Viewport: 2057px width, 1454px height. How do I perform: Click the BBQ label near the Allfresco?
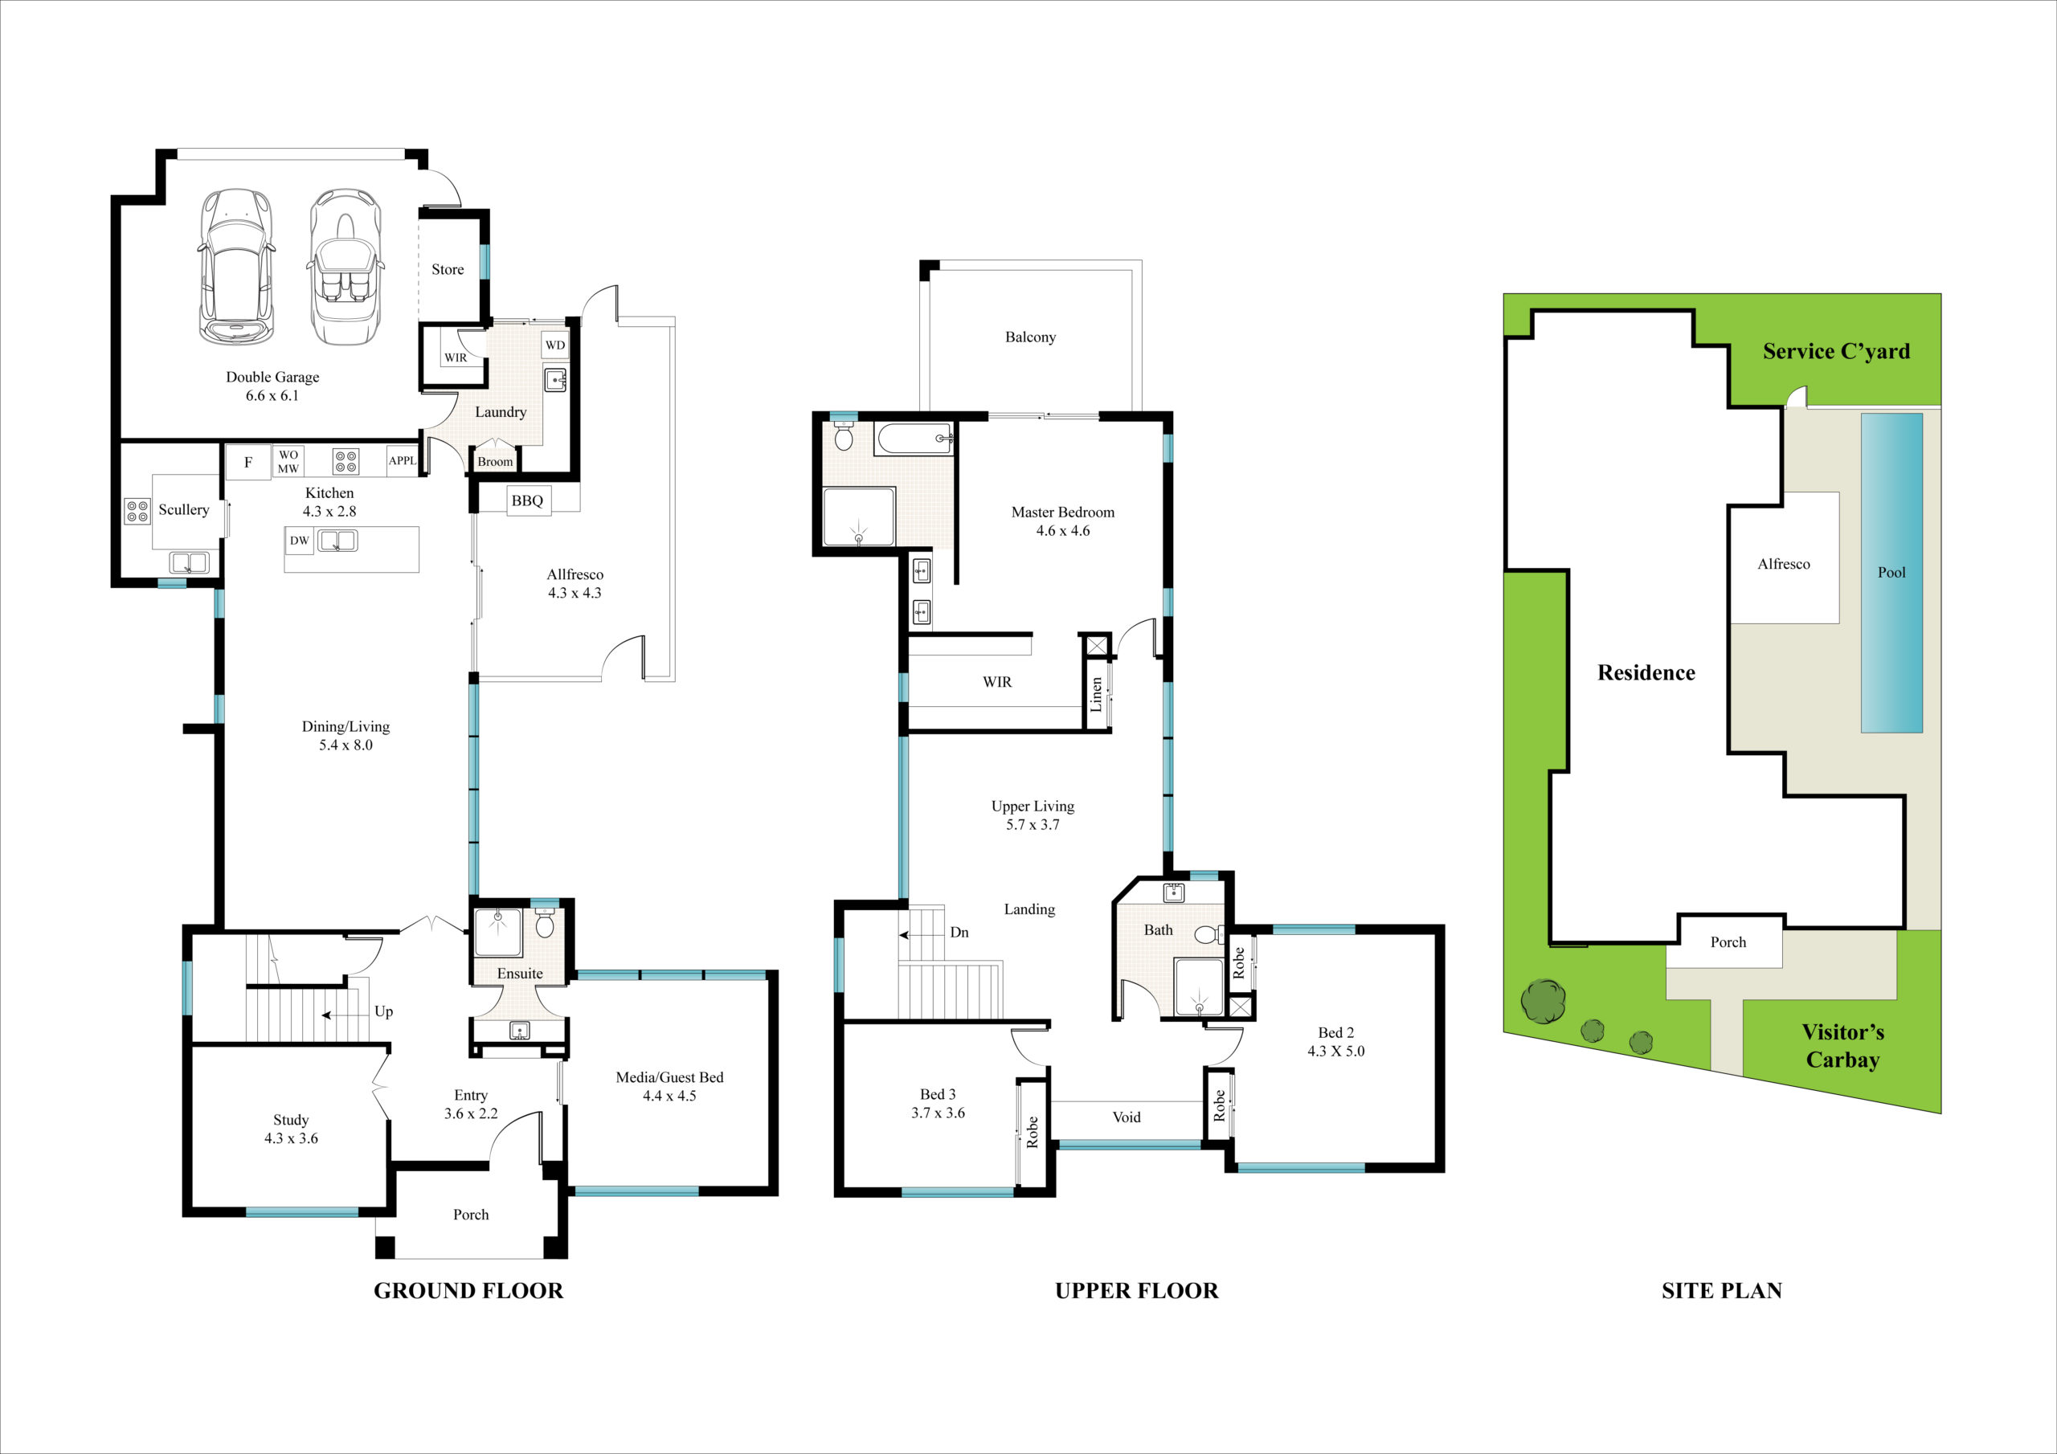[x=527, y=500]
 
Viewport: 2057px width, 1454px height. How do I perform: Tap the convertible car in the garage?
[x=345, y=266]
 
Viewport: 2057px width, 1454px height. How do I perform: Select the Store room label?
[x=448, y=270]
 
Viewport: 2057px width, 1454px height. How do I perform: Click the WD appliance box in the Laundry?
[x=555, y=345]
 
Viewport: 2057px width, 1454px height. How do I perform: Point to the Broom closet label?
[x=496, y=462]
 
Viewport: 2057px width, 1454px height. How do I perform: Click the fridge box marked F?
[x=248, y=462]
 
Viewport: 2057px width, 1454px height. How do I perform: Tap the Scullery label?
[x=184, y=510]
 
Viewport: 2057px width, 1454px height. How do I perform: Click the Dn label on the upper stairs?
[x=959, y=933]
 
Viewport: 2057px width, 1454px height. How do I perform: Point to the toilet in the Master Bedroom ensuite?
[x=843, y=436]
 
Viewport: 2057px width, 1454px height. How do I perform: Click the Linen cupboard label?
[x=1096, y=694]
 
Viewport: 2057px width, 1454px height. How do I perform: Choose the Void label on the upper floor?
[x=1127, y=1117]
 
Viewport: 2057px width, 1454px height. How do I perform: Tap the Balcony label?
[x=1030, y=337]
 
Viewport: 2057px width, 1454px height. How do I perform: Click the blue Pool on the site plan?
[x=1891, y=573]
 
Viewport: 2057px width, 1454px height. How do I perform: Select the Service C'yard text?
[x=1836, y=351]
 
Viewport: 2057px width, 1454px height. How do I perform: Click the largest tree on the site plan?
[x=1544, y=1001]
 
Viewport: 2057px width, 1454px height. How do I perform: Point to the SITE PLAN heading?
[x=1721, y=1291]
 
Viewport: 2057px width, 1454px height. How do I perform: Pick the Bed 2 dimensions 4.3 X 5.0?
[x=1335, y=1051]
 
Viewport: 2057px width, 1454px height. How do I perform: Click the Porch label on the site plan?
[x=1728, y=942]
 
